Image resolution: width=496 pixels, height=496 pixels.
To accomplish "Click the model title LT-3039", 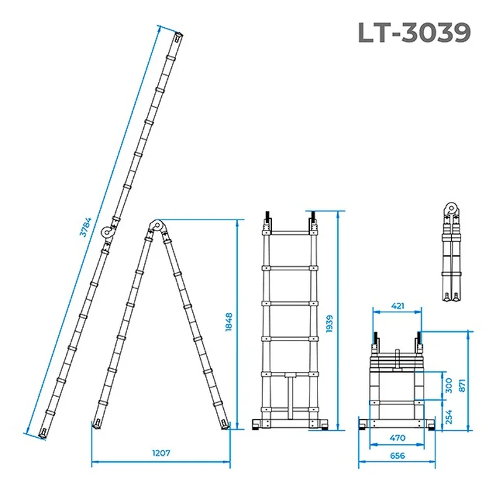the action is tap(414, 32).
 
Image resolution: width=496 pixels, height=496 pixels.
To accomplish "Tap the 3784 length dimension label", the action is tap(85, 227).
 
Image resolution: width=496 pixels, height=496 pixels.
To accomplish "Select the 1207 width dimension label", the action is tap(161, 453).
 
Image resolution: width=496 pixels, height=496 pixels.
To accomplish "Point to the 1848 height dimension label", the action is tap(229, 322).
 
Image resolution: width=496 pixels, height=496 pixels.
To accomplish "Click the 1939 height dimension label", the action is tap(329, 324).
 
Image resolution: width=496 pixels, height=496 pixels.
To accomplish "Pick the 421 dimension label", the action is tap(397, 306).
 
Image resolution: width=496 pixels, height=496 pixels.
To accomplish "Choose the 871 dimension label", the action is tap(462, 386).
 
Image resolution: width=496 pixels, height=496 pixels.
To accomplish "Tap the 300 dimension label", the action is tap(448, 386).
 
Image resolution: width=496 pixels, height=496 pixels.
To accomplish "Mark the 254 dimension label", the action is tap(448, 417).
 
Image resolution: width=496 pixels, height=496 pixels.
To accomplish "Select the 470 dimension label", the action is tap(397, 438).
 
